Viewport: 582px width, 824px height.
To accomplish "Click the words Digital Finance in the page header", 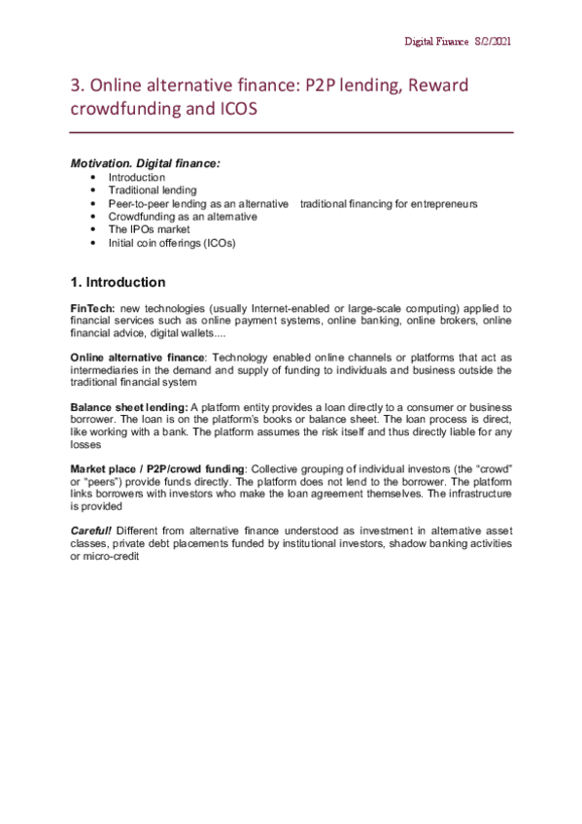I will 437,42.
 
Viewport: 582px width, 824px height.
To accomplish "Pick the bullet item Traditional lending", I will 152,190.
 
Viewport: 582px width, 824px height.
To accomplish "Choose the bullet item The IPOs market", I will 149,229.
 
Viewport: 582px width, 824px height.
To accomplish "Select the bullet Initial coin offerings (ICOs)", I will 172,243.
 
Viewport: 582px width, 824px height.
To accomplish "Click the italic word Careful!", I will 92,531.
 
